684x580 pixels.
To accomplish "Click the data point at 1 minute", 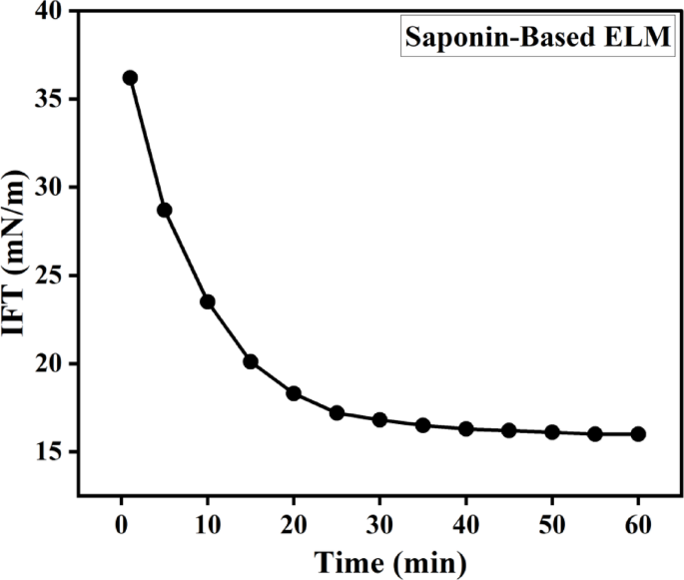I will click(130, 78).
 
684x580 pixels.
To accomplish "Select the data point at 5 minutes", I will click(165, 210).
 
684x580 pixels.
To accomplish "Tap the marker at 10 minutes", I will click(208, 301).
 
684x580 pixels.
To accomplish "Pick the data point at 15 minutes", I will click(251, 361).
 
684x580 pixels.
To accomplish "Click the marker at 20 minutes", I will click(294, 393).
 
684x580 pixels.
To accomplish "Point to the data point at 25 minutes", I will click(337, 412).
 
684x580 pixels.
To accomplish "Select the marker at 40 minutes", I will click(466, 428).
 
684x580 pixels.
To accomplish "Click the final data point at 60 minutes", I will click(638, 433).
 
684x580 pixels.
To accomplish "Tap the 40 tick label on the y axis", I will click(48, 13).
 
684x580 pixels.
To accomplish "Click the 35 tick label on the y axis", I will click(48, 100).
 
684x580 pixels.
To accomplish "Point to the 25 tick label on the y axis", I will click(48, 276).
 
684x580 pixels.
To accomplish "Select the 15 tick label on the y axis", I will click(48, 452).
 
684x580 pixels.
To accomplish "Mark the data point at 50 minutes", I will click(552, 431).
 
